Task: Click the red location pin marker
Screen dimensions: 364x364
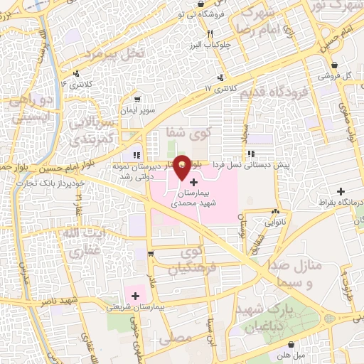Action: [x=182, y=166]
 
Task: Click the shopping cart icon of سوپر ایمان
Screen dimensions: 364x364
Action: [x=136, y=100]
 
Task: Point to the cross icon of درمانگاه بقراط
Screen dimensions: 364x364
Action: [x=341, y=191]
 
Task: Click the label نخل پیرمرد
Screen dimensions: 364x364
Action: [x=114, y=53]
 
